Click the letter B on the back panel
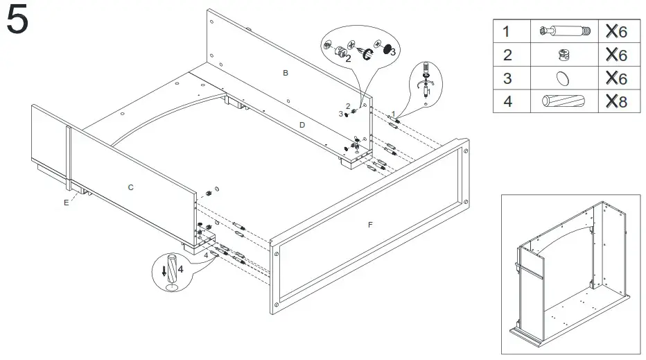click(x=285, y=73)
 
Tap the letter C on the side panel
click(x=130, y=187)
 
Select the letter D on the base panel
click(x=302, y=125)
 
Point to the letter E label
click(x=66, y=203)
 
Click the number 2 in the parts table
click(x=507, y=54)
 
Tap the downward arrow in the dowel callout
click(x=164, y=271)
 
